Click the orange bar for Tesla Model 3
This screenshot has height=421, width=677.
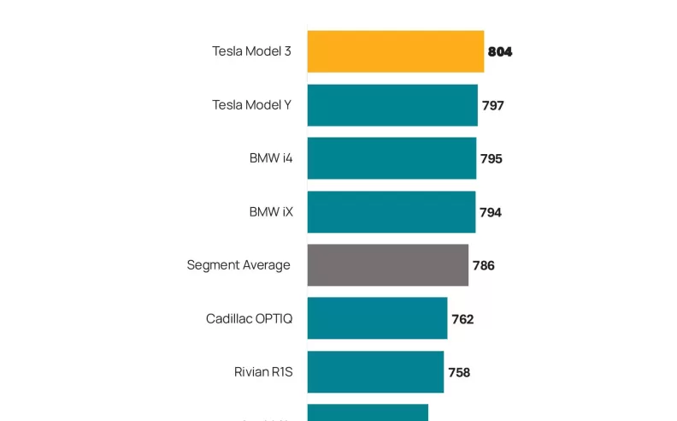click(x=395, y=51)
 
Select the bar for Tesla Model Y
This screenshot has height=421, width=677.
click(x=391, y=105)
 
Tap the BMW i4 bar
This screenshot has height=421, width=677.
click(x=391, y=158)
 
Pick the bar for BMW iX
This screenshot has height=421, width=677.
click(x=391, y=211)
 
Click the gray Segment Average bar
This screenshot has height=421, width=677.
click(x=387, y=265)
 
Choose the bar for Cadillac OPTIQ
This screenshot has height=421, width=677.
click(x=377, y=318)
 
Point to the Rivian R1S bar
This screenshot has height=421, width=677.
click(x=375, y=371)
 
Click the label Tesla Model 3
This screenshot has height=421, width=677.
click(x=251, y=51)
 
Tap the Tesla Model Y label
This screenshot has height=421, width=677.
click(x=251, y=105)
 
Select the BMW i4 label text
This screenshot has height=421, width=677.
click(x=271, y=158)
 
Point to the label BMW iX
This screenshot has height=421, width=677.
click(x=271, y=211)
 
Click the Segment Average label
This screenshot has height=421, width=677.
click(x=238, y=265)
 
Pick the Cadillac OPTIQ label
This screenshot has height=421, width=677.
click(x=249, y=318)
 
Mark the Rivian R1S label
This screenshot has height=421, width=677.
click(x=263, y=371)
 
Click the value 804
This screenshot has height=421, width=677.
click(x=500, y=52)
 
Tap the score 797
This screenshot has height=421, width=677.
click(x=493, y=106)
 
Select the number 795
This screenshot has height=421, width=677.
click(x=492, y=159)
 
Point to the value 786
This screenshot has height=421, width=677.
click(x=484, y=265)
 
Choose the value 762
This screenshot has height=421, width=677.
click(x=462, y=319)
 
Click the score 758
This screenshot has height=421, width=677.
click(x=459, y=372)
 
